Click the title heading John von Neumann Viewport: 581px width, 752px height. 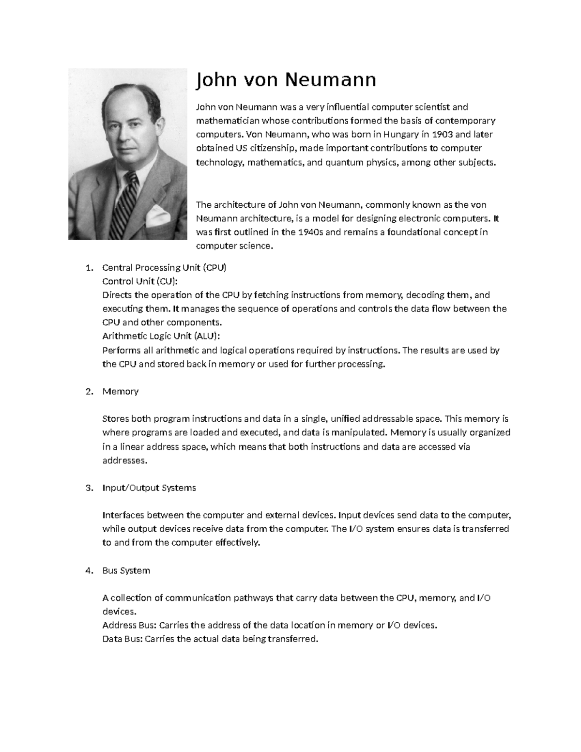point(285,80)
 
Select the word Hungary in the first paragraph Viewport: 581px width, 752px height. point(402,134)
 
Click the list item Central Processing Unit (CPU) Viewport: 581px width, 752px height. point(164,268)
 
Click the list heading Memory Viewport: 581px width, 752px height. point(121,391)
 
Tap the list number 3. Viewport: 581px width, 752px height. point(88,488)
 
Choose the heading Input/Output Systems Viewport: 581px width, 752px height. point(149,488)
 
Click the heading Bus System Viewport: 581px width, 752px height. point(126,570)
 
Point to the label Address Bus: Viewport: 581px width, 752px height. point(129,625)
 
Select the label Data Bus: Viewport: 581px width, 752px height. point(123,639)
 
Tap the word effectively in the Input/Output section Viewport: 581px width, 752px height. point(236,542)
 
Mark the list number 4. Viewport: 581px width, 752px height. point(88,570)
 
